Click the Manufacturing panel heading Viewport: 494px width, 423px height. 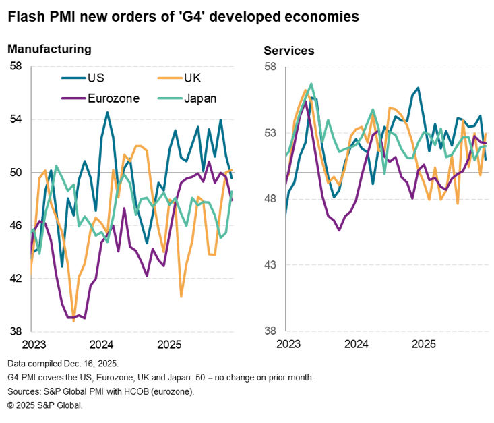point(49,49)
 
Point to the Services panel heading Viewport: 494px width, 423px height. point(288,51)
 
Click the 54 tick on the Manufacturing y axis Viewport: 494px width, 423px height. point(16,119)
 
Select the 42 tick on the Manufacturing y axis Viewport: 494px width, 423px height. point(16,279)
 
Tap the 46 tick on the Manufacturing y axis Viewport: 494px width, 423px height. point(16,225)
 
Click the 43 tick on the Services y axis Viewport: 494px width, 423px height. point(269,265)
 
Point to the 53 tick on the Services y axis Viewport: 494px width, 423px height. point(269,133)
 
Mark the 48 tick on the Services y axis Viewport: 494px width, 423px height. point(269,199)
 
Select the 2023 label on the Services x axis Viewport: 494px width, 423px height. point(288,345)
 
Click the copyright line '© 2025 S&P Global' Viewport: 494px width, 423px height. point(46,405)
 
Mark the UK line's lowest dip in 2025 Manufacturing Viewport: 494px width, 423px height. point(181,295)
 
